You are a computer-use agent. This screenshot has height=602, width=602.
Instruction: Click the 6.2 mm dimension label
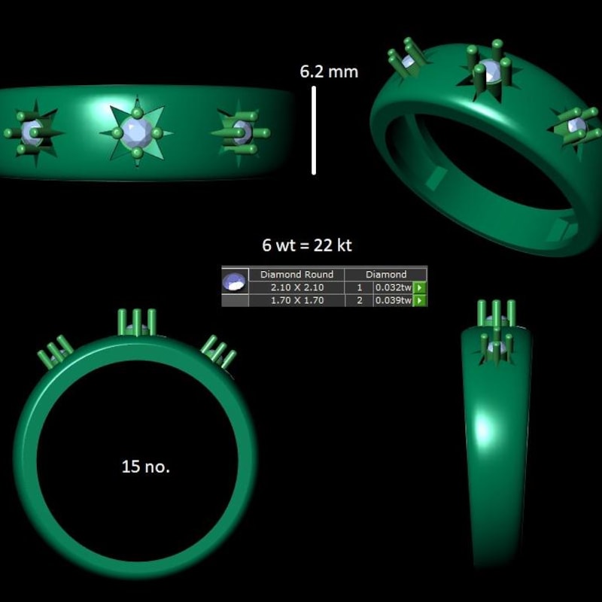pyautogui.click(x=329, y=72)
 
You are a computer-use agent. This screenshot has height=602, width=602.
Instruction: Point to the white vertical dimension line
pyautogui.click(x=314, y=130)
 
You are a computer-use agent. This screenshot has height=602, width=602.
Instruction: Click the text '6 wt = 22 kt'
pyautogui.click(x=306, y=246)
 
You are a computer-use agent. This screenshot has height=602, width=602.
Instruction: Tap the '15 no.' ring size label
pyautogui.click(x=146, y=467)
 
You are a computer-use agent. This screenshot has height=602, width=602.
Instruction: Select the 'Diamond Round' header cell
pyautogui.click(x=296, y=275)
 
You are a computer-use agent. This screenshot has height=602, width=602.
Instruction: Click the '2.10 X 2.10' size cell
pyautogui.click(x=296, y=287)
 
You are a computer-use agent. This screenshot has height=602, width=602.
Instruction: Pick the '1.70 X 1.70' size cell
pyautogui.click(x=296, y=300)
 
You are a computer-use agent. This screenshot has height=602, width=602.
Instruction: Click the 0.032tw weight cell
pyautogui.click(x=393, y=287)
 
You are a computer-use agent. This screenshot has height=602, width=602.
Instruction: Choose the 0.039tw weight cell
pyautogui.click(x=393, y=300)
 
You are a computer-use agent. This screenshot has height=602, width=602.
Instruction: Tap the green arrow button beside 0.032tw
pyautogui.click(x=420, y=287)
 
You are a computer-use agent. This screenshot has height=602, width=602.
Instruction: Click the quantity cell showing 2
pyautogui.click(x=359, y=300)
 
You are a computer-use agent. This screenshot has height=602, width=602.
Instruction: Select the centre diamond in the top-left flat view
pyautogui.click(x=137, y=132)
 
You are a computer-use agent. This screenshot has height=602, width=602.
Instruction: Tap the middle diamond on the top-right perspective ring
pyautogui.click(x=490, y=71)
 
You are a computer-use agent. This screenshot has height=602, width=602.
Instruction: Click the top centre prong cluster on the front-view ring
pyautogui.click(x=136, y=323)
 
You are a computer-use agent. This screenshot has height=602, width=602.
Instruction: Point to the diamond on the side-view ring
pyautogui.click(x=495, y=345)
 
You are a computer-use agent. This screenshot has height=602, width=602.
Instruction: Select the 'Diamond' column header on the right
pyautogui.click(x=385, y=275)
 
